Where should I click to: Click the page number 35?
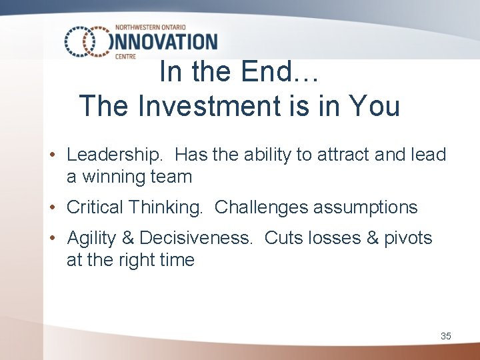point(445,336)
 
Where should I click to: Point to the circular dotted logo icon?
point(87,41)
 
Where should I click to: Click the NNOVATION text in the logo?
point(167,41)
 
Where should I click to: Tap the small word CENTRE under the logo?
point(125,57)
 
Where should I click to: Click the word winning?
point(113,177)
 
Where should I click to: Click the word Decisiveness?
point(196,238)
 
